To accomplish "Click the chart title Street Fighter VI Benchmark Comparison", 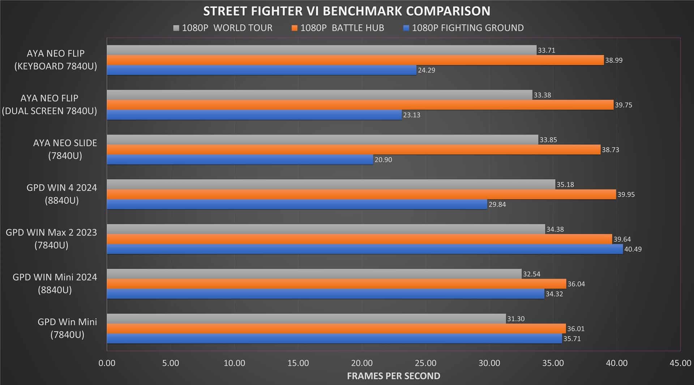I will (x=347, y=11).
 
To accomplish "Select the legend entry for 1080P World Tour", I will (x=223, y=28).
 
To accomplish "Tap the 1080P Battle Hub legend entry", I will (x=338, y=28).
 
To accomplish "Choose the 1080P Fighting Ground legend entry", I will (x=463, y=28).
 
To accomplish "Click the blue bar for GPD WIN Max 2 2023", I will (x=364, y=249).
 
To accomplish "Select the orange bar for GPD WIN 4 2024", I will (x=361, y=194).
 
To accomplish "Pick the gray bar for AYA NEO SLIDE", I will (x=322, y=140).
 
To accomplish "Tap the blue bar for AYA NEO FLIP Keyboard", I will (x=261, y=70).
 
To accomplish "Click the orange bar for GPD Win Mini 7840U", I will (x=336, y=329).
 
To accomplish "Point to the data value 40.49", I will (x=633, y=249).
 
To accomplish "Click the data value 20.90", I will (x=383, y=160).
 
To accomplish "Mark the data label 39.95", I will (x=626, y=194).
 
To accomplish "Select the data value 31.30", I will (x=516, y=319).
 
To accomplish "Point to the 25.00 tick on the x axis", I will (x=426, y=363).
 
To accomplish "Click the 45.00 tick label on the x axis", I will (x=680, y=363).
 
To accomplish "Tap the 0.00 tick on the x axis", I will (x=107, y=363).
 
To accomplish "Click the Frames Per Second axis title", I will (x=393, y=376).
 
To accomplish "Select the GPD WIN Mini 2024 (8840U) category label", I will (x=55, y=284).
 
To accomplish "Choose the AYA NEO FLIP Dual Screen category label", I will (x=50, y=104).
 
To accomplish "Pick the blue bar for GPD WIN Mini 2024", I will (x=325, y=294).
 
